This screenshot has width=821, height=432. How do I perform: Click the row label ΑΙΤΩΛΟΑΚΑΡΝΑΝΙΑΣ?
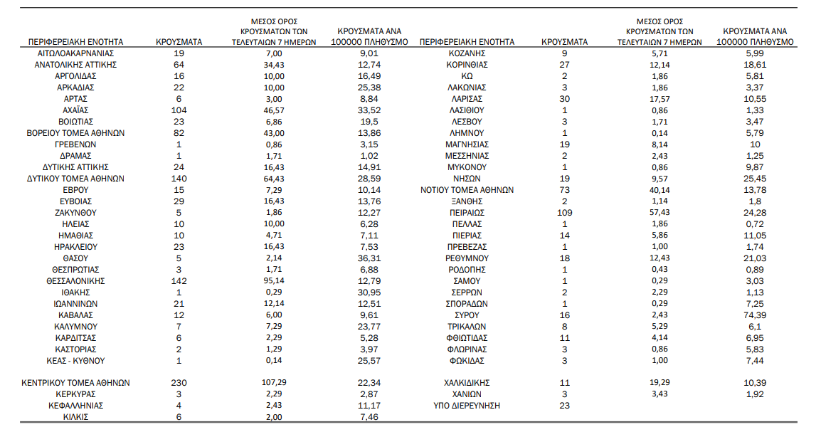pos(75,53)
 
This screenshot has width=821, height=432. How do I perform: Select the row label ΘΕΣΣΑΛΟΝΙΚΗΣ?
pos(75,281)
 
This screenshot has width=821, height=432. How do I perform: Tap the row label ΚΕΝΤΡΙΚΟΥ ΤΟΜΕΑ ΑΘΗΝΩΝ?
pos(75,383)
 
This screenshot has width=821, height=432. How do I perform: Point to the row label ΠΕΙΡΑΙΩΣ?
pos(467,213)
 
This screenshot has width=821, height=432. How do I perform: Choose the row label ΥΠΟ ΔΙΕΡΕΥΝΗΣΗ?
pos(467,406)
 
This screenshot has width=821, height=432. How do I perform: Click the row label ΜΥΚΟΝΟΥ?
pos(467,167)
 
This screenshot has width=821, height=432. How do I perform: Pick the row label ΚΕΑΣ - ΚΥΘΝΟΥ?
pos(75,361)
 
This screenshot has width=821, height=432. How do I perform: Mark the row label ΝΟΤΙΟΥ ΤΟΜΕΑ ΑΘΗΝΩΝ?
pos(467,190)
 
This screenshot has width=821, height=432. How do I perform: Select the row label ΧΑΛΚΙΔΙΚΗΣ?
pos(467,383)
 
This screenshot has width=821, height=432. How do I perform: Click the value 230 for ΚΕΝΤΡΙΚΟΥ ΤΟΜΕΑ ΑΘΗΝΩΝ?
pos(179,383)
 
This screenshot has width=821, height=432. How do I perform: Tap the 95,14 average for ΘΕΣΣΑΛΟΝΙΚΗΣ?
pos(274,280)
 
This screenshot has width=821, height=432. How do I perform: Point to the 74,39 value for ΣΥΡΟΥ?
pos(755,315)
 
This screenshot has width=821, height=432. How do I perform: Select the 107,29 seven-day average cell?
pos(274,382)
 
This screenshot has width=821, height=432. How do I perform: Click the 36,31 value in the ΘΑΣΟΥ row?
pos(369,258)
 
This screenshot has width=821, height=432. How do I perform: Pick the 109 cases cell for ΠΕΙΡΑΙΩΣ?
pos(564,213)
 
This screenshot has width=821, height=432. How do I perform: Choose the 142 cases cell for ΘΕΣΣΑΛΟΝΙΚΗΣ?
pos(179,281)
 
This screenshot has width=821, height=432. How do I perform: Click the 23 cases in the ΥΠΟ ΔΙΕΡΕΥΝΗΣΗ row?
pos(564,406)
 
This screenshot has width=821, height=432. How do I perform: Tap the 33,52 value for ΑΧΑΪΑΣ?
pos(369,110)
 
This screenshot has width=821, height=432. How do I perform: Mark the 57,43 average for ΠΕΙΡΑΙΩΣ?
pos(660,213)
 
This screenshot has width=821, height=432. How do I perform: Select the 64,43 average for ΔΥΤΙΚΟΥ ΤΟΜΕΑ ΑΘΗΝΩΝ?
pos(274,179)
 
